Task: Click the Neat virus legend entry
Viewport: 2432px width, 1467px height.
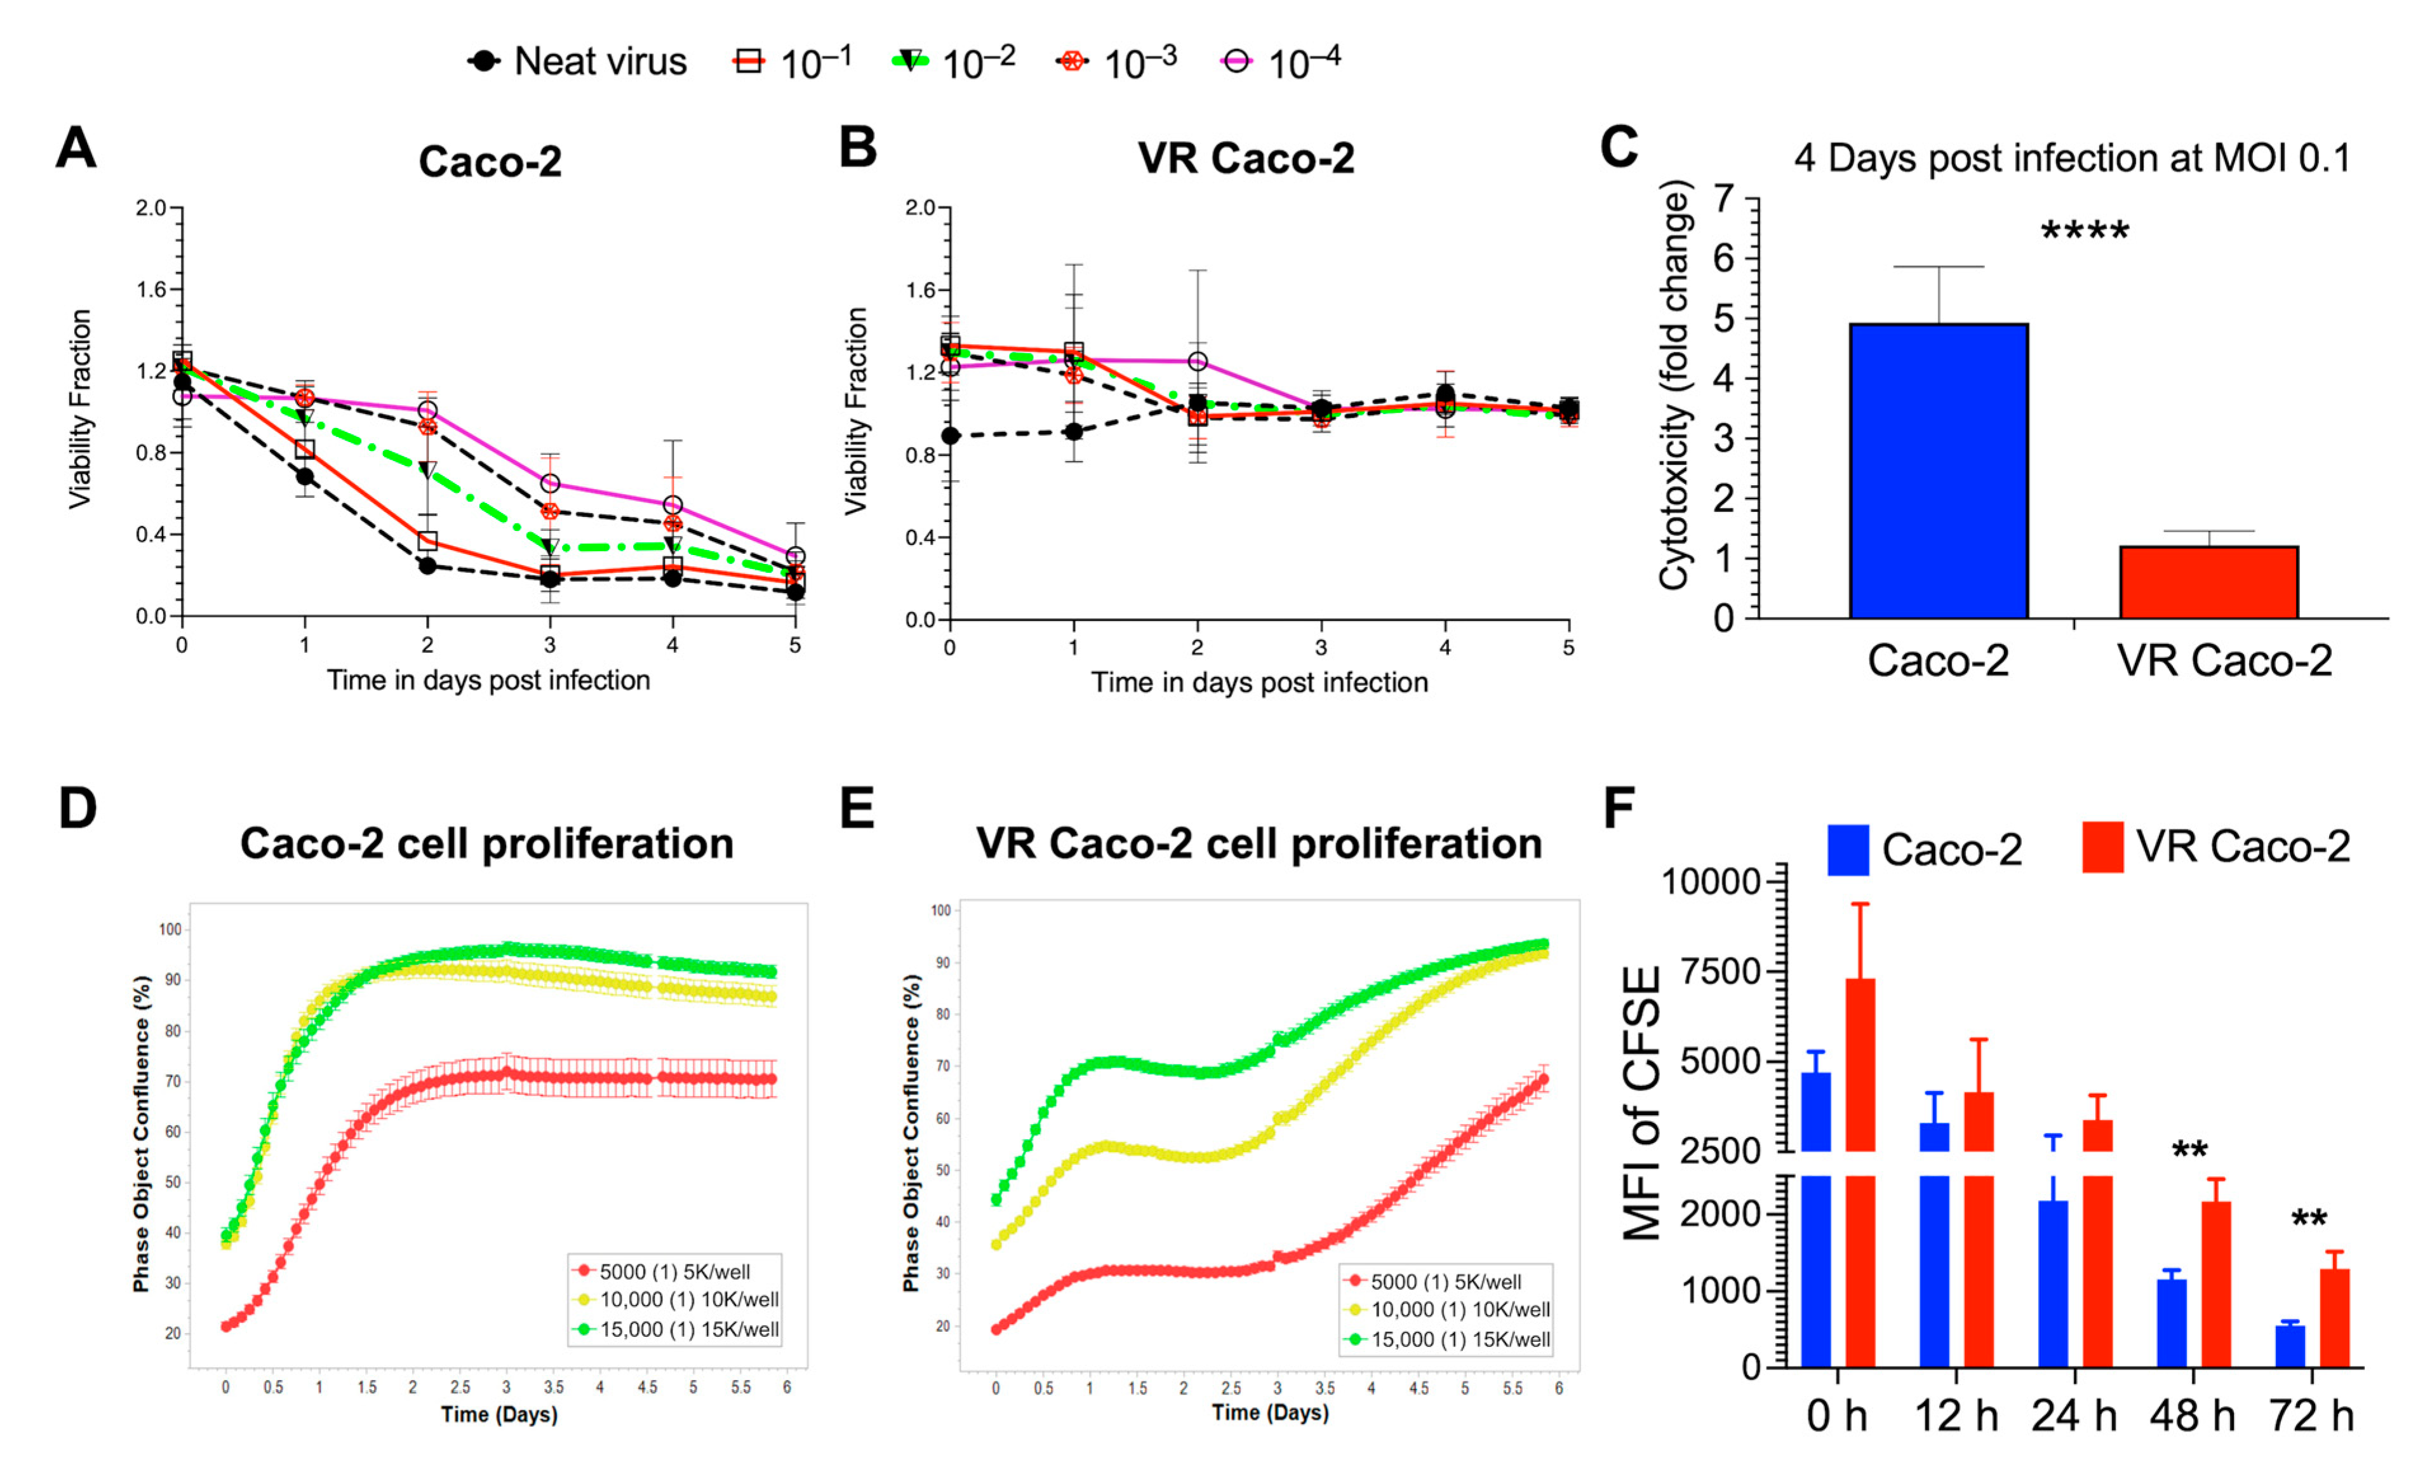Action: (x=577, y=61)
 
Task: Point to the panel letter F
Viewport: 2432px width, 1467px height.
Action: (x=1619, y=808)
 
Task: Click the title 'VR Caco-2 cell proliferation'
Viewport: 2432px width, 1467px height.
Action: (x=1259, y=844)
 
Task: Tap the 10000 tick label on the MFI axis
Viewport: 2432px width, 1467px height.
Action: (x=1711, y=881)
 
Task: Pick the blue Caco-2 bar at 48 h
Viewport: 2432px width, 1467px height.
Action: (x=2172, y=1323)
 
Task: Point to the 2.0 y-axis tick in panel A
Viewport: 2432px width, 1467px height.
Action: (x=151, y=208)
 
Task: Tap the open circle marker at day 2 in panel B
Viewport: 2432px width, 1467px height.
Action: (x=1197, y=361)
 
